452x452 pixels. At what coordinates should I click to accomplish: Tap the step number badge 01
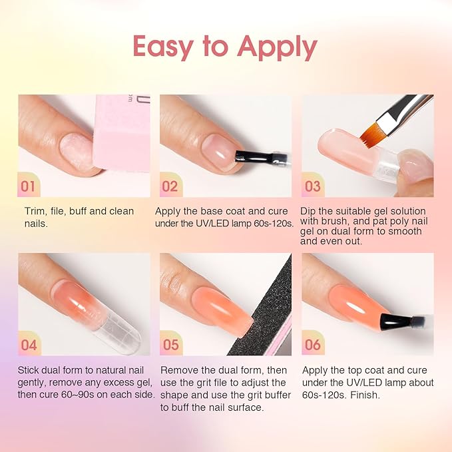(x=29, y=186)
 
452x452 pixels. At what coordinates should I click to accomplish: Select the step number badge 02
(x=170, y=186)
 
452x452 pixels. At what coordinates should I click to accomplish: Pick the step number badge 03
(x=313, y=186)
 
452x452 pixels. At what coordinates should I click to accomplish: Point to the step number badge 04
(x=29, y=344)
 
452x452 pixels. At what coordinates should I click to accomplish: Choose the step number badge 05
(x=170, y=344)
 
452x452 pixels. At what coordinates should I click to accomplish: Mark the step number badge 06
(x=313, y=344)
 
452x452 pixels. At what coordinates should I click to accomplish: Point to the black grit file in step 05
(x=273, y=300)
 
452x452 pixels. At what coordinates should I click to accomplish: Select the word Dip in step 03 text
(x=310, y=212)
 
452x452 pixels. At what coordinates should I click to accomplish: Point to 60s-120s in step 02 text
(x=270, y=224)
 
